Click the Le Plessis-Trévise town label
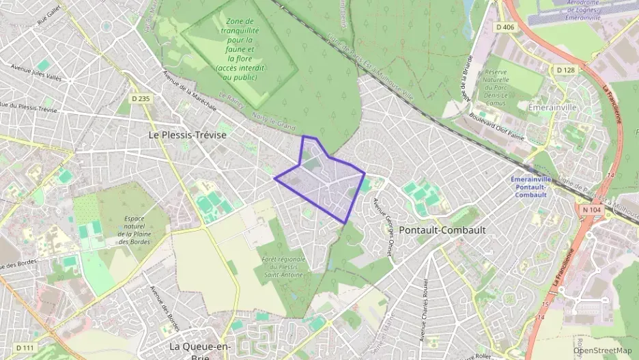point(187,135)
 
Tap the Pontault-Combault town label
point(442,230)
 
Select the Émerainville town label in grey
point(553,107)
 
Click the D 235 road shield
point(141,99)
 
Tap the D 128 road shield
point(565,70)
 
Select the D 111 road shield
point(25,348)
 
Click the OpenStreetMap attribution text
point(603,350)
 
